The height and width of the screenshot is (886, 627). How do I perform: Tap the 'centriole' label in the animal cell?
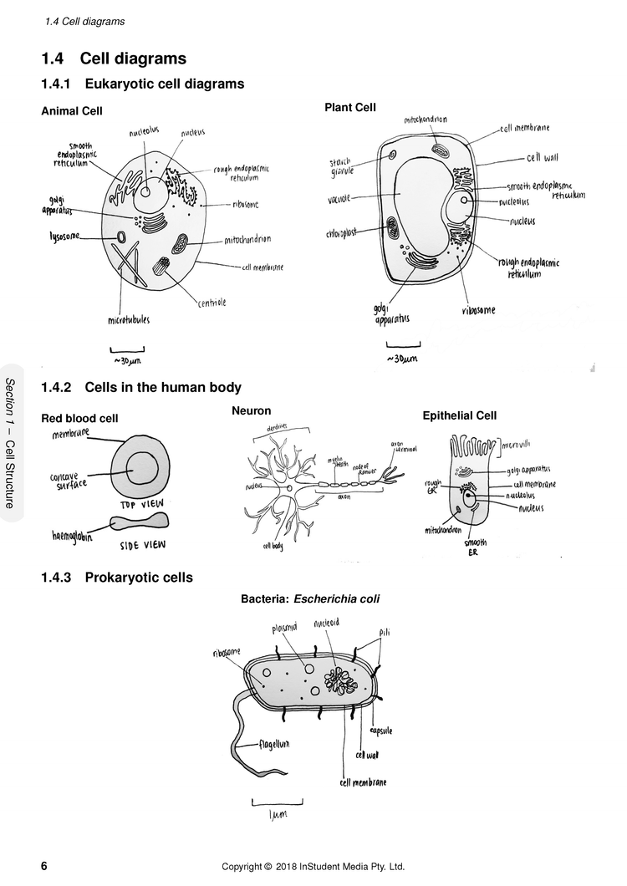[212, 303]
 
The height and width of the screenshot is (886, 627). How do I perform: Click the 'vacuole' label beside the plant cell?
[339, 198]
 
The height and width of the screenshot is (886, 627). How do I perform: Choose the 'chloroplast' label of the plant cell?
[341, 234]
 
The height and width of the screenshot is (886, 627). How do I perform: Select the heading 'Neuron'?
[251, 410]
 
